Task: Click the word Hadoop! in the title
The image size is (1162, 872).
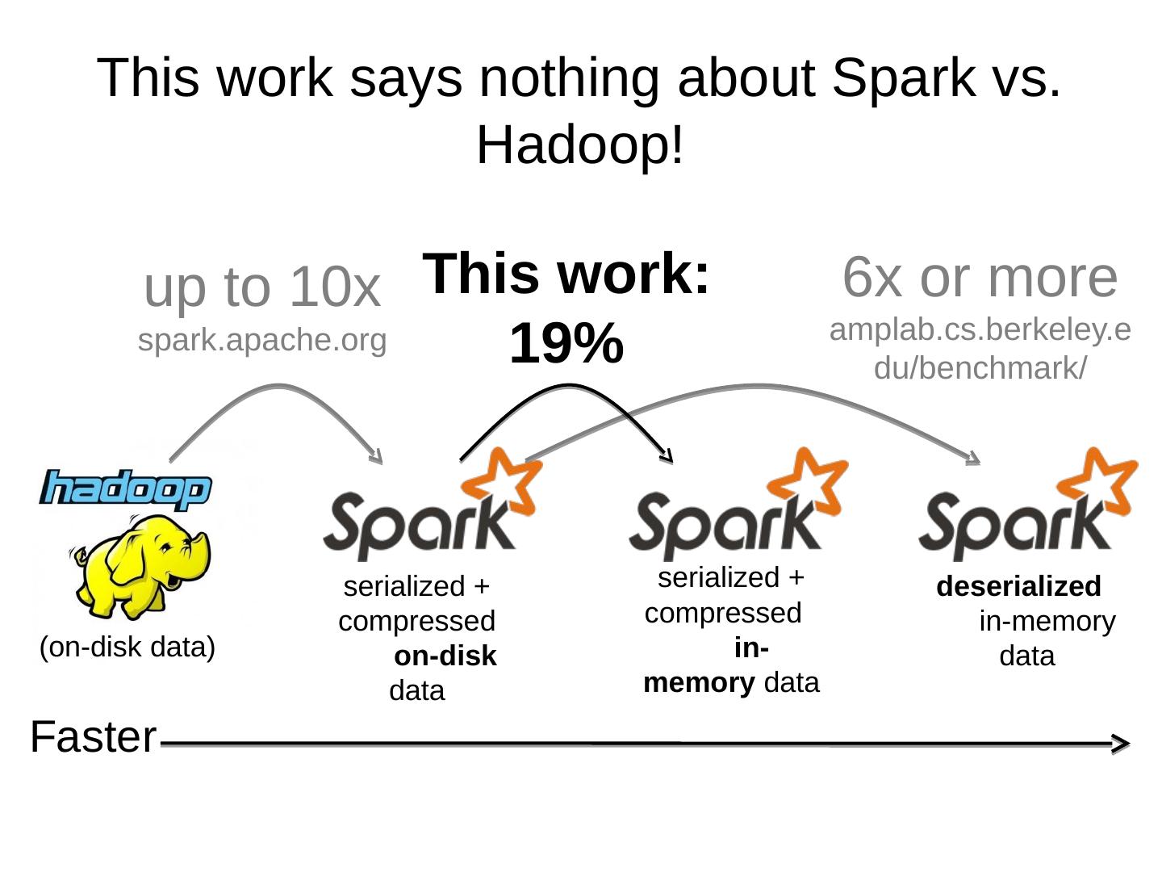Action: [x=580, y=145]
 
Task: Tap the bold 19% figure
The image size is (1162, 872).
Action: [x=566, y=343]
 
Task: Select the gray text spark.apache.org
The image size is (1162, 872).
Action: [x=262, y=340]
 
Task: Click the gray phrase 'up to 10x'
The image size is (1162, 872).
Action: [x=261, y=287]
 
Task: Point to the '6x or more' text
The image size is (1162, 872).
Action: [x=980, y=277]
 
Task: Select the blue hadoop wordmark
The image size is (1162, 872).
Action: [x=125, y=488]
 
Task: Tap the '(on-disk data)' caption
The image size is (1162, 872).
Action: [x=127, y=648]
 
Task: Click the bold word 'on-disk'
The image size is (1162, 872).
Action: [x=445, y=656]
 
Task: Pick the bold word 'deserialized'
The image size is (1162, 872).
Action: [x=1018, y=586]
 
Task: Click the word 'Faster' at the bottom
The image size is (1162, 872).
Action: [x=93, y=737]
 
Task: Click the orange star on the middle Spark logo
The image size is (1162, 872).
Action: [x=810, y=481]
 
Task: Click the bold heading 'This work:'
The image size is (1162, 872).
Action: [x=566, y=274]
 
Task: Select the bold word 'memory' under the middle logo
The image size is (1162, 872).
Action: [x=699, y=683]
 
